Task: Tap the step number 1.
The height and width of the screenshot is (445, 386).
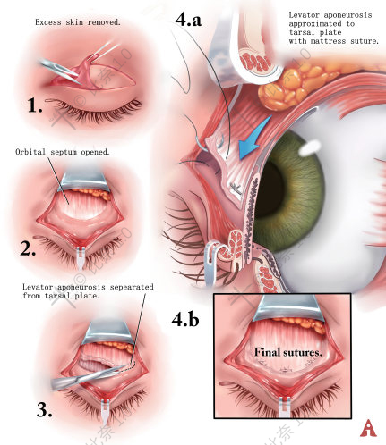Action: pos(35,106)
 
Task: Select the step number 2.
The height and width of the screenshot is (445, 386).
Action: pos(28,248)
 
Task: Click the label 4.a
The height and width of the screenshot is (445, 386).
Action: pos(188,20)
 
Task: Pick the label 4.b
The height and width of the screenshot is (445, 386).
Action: pos(185,319)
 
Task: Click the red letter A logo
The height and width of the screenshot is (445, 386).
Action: pos(368,428)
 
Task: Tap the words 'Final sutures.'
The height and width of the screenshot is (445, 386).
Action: pos(288,352)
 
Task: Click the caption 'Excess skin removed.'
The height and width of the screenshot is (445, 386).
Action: pos(78,22)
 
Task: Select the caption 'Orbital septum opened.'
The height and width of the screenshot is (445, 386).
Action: pos(63,152)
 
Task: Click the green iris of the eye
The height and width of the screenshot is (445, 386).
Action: pos(296,190)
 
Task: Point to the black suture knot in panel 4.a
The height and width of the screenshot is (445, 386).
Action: pos(236,188)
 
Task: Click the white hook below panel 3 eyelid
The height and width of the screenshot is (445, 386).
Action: pos(104,413)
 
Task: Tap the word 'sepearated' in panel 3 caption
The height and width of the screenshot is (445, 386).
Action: pos(132,287)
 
